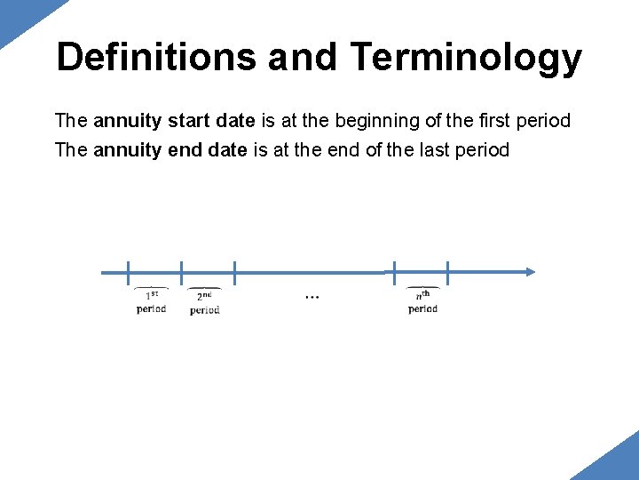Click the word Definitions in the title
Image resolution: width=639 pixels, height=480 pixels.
click(x=156, y=58)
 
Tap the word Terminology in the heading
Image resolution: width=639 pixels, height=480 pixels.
click(x=466, y=58)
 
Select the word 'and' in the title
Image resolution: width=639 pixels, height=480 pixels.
click(x=302, y=58)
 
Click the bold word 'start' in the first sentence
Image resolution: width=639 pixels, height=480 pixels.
click(x=182, y=120)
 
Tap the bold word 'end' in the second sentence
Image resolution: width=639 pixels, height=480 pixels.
click(x=185, y=149)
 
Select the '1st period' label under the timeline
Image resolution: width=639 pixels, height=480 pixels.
click(x=152, y=302)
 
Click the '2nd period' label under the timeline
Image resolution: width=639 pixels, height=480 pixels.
click(x=205, y=303)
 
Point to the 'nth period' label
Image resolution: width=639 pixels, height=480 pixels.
click(x=422, y=302)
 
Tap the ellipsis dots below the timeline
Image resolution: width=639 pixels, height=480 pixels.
click(x=312, y=296)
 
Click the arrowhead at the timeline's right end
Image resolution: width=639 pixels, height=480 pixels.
click(x=530, y=272)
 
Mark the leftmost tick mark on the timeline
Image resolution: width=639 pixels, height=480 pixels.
click(x=128, y=273)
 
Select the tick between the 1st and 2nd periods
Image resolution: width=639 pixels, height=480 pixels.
click(x=181, y=273)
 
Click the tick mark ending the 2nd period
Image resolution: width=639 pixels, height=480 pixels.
click(x=234, y=273)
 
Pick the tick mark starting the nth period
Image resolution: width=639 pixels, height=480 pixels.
click(x=395, y=273)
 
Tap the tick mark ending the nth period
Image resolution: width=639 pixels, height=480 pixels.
click(x=448, y=273)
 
